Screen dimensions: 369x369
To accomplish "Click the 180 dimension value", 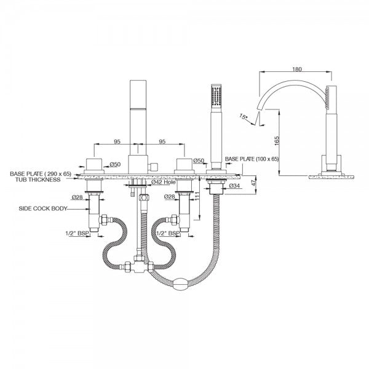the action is (x=297, y=69).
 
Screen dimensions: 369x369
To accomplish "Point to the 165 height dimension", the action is (x=277, y=141).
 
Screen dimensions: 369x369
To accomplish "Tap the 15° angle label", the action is (x=244, y=117).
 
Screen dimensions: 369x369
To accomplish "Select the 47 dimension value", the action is (x=253, y=183).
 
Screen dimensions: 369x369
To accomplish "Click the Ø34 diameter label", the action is (x=234, y=186).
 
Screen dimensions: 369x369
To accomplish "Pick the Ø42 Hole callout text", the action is (x=164, y=182).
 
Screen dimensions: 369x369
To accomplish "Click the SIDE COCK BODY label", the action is (x=42, y=208).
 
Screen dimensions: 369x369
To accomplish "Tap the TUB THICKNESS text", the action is (x=38, y=180).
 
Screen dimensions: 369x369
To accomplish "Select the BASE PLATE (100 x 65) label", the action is (x=252, y=159).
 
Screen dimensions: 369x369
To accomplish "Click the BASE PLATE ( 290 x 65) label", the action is (x=41, y=174).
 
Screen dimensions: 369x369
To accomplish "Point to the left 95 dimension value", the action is (x=117, y=141).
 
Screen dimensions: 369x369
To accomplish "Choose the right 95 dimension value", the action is (x=162, y=141).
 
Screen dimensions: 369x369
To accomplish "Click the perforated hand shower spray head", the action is (x=216, y=97).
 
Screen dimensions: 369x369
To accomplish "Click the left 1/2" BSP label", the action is (x=77, y=234).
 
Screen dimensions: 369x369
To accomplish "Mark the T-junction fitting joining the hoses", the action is (x=139, y=264).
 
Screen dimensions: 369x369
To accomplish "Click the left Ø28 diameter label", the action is (x=77, y=197).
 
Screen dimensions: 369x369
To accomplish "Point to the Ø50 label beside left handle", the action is (x=115, y=164).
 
